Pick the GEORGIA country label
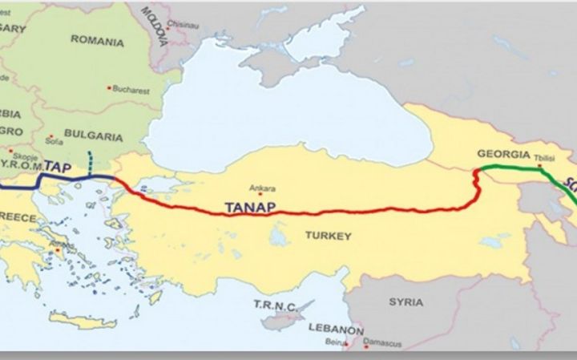502,153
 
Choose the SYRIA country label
406,302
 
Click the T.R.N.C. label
275,305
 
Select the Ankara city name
263,189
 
